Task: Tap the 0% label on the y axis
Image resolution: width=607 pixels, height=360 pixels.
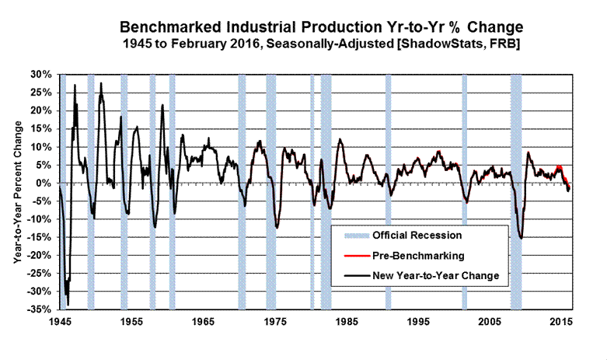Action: click(45, 183)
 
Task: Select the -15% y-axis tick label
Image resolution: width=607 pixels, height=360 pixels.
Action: click(41, 237)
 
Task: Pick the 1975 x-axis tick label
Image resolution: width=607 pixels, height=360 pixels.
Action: click(274, 321)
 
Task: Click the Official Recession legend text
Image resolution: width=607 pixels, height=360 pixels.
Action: click(417, 235)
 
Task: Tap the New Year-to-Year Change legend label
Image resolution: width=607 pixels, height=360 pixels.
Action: click(435, 275)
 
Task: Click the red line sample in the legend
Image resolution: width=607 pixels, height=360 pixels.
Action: click(351, 255)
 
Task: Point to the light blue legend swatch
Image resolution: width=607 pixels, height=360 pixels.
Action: click(351, 235)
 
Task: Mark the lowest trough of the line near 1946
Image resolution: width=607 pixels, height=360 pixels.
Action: click(68, 304)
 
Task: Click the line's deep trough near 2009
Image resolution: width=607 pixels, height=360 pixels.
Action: click(521, 238)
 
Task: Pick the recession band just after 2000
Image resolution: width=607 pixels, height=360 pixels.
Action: click(465, 190)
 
